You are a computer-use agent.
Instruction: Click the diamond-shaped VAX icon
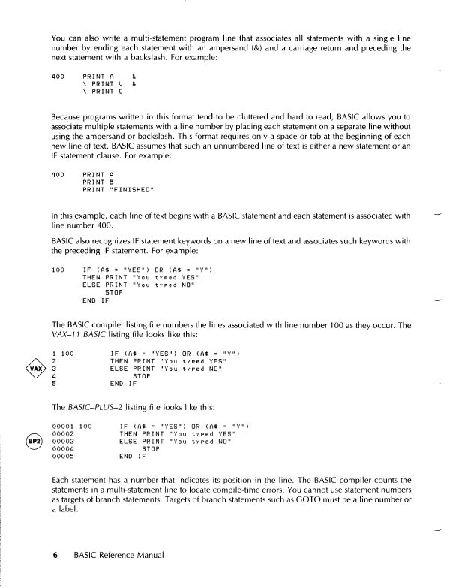point(31,369)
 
